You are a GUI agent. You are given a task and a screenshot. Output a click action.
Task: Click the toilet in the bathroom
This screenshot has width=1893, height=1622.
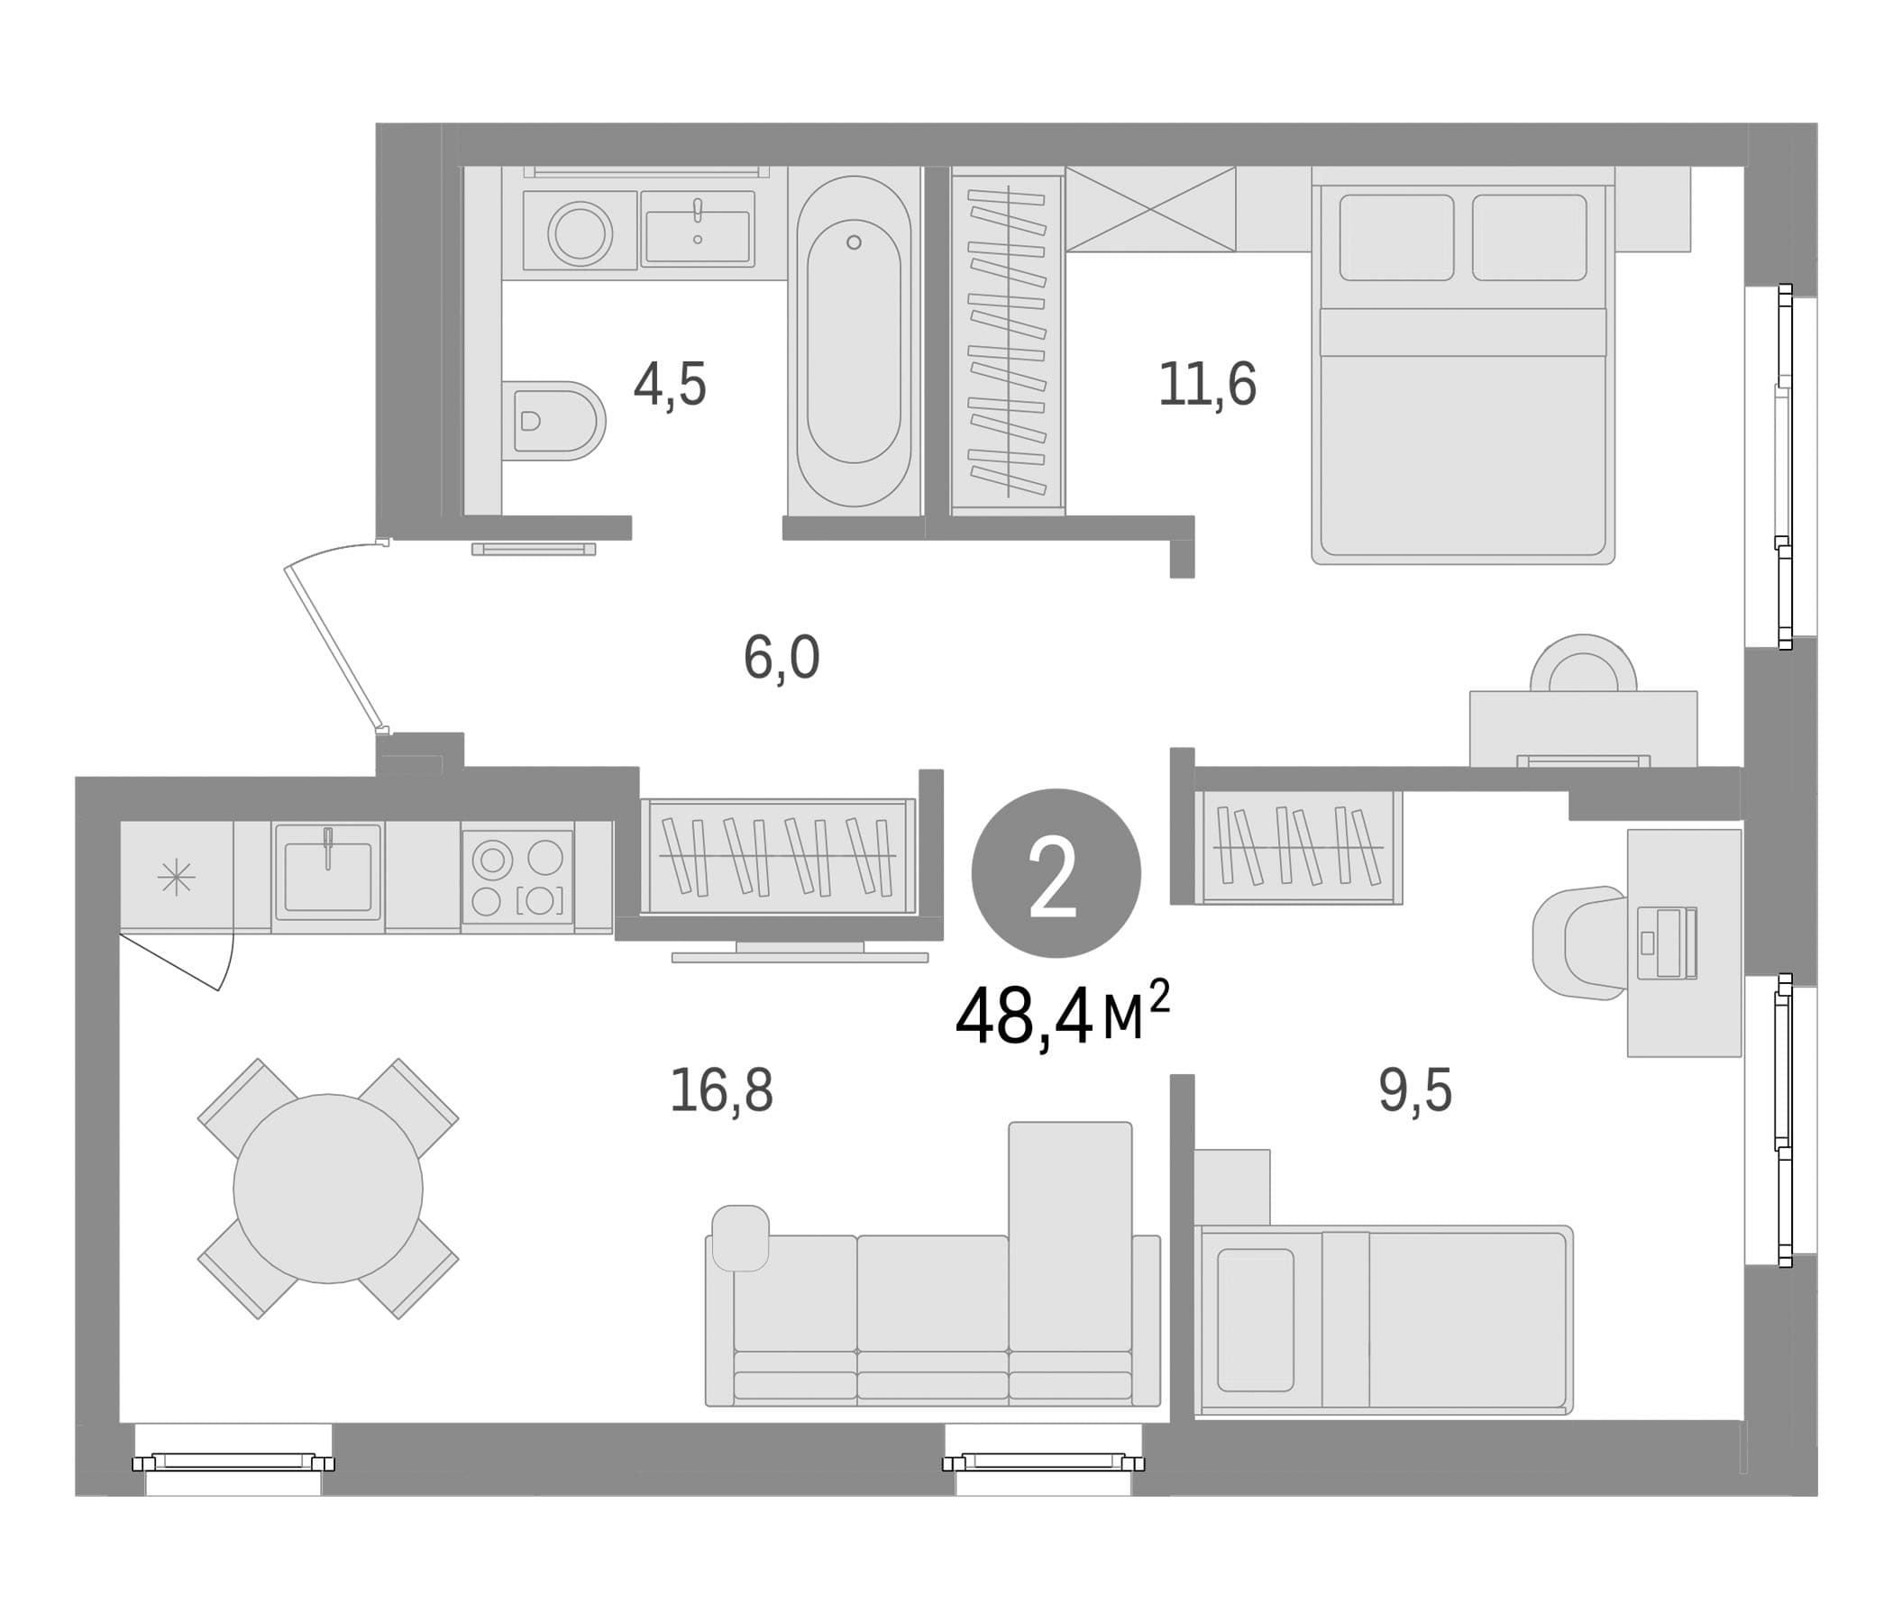tap(553, 421)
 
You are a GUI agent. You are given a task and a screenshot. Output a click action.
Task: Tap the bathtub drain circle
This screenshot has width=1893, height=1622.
tap(855, 242)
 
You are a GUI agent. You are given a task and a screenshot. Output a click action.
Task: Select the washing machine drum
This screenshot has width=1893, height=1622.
tap(581, 232)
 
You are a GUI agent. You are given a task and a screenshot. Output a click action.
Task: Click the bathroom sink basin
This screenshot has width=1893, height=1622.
tap(697, 235)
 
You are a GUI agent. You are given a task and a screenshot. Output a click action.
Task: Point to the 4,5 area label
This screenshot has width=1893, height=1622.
tap(670, 385)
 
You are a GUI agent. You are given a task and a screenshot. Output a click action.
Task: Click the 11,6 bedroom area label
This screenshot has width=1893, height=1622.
tap(1207, 384)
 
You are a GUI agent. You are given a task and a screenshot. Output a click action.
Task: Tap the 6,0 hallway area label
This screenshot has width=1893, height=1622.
tap(782, 658)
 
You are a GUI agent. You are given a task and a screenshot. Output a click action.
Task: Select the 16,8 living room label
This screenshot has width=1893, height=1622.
tap(722, 1090)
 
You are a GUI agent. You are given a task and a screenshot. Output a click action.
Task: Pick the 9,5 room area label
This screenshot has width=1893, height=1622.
tap(1415, 1089)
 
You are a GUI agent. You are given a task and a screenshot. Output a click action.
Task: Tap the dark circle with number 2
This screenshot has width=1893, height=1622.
tap(1056, 873)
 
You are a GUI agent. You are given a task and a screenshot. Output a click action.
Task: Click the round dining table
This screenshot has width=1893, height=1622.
tap(328, 1189)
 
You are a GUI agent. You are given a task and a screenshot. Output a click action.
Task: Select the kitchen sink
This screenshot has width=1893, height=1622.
tap(328, 877)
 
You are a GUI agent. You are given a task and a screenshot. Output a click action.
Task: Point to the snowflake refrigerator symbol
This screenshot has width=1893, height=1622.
tap(177, 878)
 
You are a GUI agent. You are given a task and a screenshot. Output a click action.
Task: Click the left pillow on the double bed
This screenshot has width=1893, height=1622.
tap(1396, 238)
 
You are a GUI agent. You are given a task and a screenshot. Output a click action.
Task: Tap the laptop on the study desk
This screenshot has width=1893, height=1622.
tap(1667, 943)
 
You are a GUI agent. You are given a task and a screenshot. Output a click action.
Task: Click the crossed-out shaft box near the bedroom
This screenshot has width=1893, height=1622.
tap(1150, 209)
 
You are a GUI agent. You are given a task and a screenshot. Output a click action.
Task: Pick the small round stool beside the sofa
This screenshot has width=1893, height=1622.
tap(740, 1237)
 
